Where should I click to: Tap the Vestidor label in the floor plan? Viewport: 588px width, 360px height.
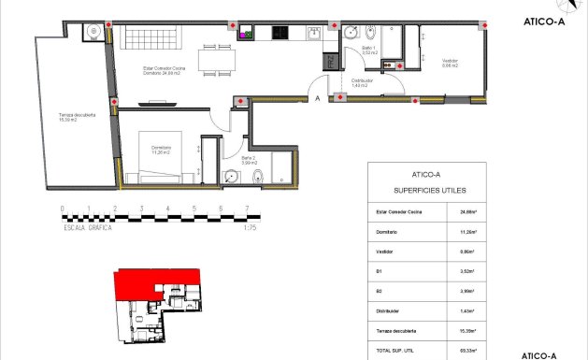click(452, 64)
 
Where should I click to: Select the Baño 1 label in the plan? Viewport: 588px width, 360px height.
click(368, 50)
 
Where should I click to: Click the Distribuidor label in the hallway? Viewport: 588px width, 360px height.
click(363, 83)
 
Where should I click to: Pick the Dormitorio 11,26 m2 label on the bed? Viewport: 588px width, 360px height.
click(161, 150)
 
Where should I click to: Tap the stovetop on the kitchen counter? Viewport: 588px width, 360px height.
click(279, 34)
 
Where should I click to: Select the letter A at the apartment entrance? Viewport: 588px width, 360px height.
click(318, 97)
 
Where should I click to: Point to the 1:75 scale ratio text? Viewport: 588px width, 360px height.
click(249, 227)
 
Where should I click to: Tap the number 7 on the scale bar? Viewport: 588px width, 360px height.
click(247, 209)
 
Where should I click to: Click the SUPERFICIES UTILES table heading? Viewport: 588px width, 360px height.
click(425, 192)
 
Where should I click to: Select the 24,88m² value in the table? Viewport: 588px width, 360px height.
click(468, 213)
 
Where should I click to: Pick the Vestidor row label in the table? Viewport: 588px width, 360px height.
click(373, 252)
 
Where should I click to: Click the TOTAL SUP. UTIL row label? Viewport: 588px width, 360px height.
click(383, 350)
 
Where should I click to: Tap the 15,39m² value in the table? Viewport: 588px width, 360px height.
click(468, 330)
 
